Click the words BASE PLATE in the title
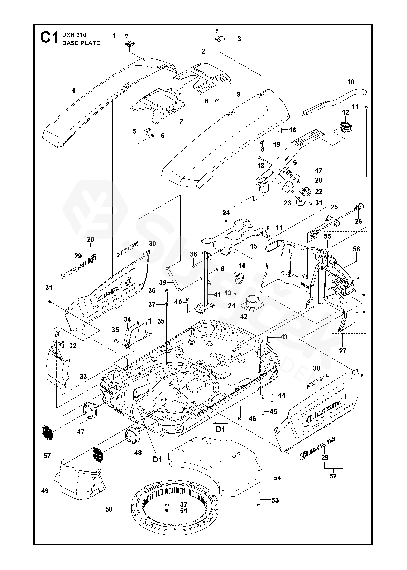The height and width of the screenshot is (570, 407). pyautogui.click(x=81, y=43)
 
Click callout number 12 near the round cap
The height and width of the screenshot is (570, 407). pyautogui.click(x=345, y=113)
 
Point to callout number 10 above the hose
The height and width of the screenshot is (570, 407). pyautogui.click(x=351, y=82)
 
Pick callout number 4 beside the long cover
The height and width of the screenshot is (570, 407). pyautogui.click(x=73, y=91)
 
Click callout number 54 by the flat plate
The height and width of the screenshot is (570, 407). pyautogui.click(x=277, y=478)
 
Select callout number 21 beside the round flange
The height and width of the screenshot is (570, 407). pyautogui.click(x=231, y=306)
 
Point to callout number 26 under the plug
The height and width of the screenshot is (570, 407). pyautogui.click(x=358, y=221)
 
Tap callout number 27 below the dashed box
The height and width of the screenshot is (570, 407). pyautogui.click(x=343, y=351)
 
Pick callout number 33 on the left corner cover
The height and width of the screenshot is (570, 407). pyautogui.click(x=83, y=376)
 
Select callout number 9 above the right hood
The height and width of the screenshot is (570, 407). pyautogui.click(x=238, y=94)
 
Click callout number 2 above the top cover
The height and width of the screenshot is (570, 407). pyautogui.click(x=203, y=51)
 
